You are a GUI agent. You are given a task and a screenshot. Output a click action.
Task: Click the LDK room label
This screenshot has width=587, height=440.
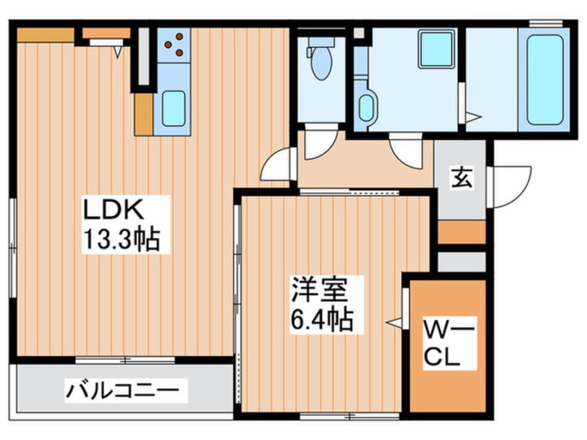coord(113,210)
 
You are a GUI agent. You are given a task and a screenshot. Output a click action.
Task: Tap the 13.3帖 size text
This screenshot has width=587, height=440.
coord(121,239)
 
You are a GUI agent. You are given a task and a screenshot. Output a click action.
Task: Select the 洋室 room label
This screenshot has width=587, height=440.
coord(320,289)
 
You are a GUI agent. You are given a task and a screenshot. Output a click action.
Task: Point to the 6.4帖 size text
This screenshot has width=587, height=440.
coord(322,319)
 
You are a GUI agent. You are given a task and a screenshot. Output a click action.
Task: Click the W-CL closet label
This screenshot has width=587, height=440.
coord(449,343)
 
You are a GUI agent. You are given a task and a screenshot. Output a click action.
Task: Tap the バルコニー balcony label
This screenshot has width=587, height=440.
coord(122,391)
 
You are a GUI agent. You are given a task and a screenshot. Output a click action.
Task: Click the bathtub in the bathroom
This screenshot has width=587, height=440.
coord(545,80)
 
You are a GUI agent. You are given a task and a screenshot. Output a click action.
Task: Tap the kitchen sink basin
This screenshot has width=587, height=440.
coord(173,108)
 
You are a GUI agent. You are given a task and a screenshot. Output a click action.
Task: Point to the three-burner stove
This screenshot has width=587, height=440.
coord(173,45)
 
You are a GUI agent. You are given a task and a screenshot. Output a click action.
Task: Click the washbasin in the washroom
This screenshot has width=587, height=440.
coord(366,108)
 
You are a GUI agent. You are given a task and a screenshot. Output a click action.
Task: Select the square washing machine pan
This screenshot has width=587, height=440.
coord(436,49)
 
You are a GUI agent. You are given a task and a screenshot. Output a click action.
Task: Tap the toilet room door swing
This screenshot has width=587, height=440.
coord(321,144)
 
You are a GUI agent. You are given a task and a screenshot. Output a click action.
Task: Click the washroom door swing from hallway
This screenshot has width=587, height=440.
coord(406,148)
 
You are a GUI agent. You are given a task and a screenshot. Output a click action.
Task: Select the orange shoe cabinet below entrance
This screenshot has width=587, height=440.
coord(461,232)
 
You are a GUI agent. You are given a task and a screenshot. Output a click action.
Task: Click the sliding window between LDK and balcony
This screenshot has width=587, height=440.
coord(125,360)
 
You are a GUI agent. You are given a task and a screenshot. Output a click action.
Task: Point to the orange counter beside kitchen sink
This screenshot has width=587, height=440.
coord(144,115)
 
